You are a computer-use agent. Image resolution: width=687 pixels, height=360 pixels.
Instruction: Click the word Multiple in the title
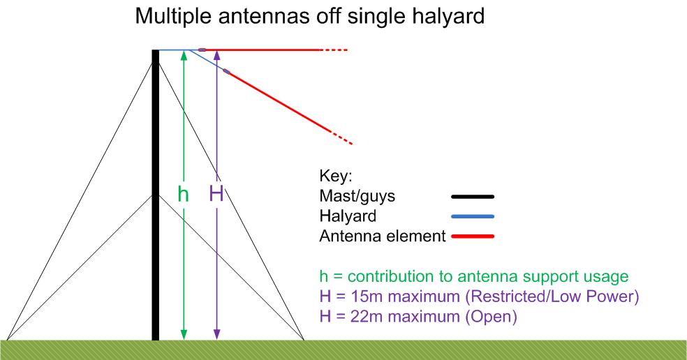tap(173, 16)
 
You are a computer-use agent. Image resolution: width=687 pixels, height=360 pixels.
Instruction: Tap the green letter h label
tap(183, 193)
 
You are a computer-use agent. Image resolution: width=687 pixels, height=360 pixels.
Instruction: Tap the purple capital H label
tap(216, 193)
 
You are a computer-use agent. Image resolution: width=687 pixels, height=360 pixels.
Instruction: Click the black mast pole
tap(156, 195)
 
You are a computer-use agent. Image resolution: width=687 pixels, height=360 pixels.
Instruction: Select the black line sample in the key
tap(473, 197)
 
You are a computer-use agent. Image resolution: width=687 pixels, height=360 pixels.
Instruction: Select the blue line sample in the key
tap(473, 216)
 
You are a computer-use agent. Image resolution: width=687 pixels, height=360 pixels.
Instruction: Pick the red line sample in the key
tap(473, 237)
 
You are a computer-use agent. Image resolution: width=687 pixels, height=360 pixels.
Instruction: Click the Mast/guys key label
tap(357, 196)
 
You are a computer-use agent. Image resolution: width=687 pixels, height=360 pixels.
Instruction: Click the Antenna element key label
tap(383, 236)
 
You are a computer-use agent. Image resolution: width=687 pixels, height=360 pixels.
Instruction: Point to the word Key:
tap(336, 176)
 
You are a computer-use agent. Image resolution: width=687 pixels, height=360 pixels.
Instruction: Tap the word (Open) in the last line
tap(491, 317)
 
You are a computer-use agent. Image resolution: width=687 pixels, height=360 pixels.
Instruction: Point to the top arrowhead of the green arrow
tap(184, 54)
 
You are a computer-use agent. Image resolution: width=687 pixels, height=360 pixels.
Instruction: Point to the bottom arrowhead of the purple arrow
tap(216, 335)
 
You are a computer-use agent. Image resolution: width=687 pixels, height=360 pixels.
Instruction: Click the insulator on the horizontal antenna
tap(202, 50)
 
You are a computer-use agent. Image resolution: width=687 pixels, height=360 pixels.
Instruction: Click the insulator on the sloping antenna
tap(226, 71)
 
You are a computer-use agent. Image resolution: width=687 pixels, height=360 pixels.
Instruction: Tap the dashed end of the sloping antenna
tap(341, 137)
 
